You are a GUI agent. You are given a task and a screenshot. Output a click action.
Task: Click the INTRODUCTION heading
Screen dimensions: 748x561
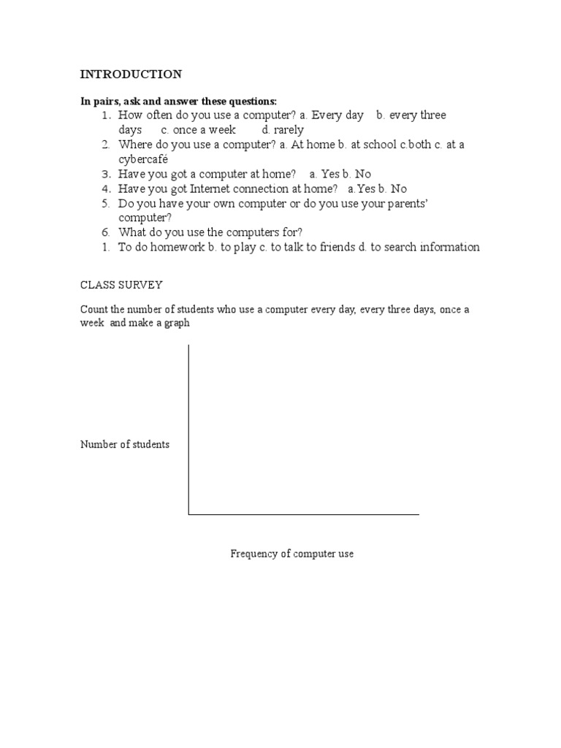tap(131, 75)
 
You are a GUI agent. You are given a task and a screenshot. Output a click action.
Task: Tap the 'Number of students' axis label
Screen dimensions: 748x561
tap(125, 444)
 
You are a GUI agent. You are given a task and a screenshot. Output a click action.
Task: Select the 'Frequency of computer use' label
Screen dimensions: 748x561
tap(292, 554)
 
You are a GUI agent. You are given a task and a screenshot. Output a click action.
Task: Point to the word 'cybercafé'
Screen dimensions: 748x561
tap(144, 159)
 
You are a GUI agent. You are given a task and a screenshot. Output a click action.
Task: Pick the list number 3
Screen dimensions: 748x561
tap(106, 174)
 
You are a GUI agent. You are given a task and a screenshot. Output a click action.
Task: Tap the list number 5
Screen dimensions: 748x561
tap(106, 203)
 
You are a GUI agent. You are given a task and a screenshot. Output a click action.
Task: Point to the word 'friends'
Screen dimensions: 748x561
tap(337, 247)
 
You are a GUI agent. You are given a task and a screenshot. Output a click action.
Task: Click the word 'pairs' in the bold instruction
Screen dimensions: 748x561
tap(104, 101)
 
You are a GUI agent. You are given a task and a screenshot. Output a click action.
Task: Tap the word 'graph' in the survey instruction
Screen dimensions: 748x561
tap(177, 323)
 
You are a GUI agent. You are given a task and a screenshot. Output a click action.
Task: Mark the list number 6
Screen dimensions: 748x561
tap(106, 232)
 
